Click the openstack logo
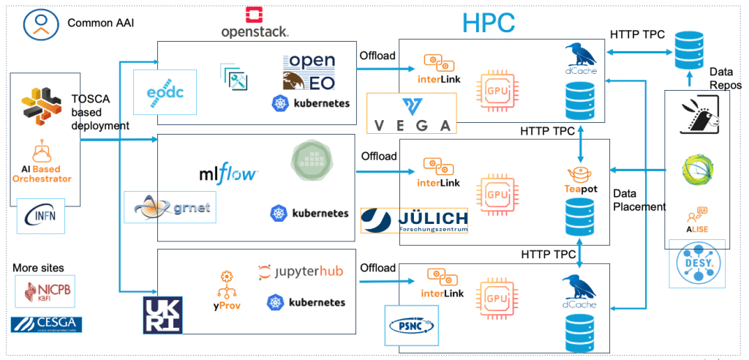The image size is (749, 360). [x=255, y=22]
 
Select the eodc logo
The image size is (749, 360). [x=165, y=93]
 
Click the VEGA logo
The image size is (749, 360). [x=412, y=114]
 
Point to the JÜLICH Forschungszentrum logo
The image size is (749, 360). [x=415, y=220]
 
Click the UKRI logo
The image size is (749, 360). [x=162, y=315]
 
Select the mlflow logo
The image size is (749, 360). [x=229, y=174]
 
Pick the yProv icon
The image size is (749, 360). [x=225, y=290]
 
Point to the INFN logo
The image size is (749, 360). [x=40, y=216]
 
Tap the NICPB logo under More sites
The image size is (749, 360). [x=45, y=292]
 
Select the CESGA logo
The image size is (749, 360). [x=46, y=323]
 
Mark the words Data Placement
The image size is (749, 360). [x=639, y=200]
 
